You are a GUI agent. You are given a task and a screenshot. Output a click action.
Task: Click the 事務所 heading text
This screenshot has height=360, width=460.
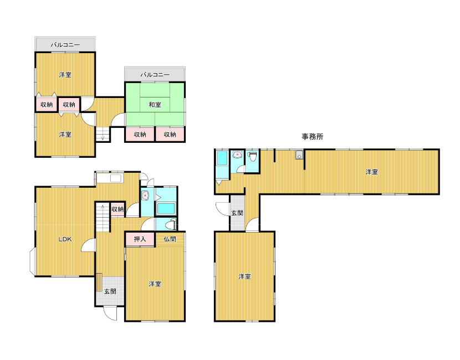[x=313, y=137]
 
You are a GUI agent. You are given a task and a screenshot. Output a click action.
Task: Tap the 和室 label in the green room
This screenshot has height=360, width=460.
[x=155, y=105]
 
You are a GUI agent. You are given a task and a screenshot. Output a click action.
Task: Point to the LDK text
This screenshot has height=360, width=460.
[x=65, y=239]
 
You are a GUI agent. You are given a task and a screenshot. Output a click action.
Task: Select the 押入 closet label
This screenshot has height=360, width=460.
[x=140, y=239]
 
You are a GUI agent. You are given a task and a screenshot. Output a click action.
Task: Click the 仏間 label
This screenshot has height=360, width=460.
[x=170, y=239]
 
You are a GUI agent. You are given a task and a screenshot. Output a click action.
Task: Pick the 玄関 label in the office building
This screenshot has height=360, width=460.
[x=237, y=213]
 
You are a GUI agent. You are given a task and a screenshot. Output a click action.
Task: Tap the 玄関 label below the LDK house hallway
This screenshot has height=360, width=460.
[x=110, y=291]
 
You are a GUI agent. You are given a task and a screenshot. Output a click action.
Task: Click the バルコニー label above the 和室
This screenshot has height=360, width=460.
[x=155, y=75]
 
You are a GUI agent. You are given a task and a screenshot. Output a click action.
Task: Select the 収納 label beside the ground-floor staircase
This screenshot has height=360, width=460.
[x=117, y=209]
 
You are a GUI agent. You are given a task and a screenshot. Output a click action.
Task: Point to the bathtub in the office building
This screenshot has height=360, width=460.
[x=222, y=158]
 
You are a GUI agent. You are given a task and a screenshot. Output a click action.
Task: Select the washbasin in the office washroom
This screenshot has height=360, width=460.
[x=237, y=154]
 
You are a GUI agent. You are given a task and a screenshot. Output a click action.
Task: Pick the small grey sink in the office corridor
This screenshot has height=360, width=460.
[x=299, y=155]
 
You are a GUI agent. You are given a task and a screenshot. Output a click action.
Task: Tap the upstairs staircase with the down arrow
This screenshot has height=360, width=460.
[x=103, y=135]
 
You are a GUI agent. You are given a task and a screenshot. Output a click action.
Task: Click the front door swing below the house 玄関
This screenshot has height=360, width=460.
[x=110, y=313]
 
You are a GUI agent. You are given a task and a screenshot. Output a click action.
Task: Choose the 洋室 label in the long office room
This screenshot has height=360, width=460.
[x=371, y=172]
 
